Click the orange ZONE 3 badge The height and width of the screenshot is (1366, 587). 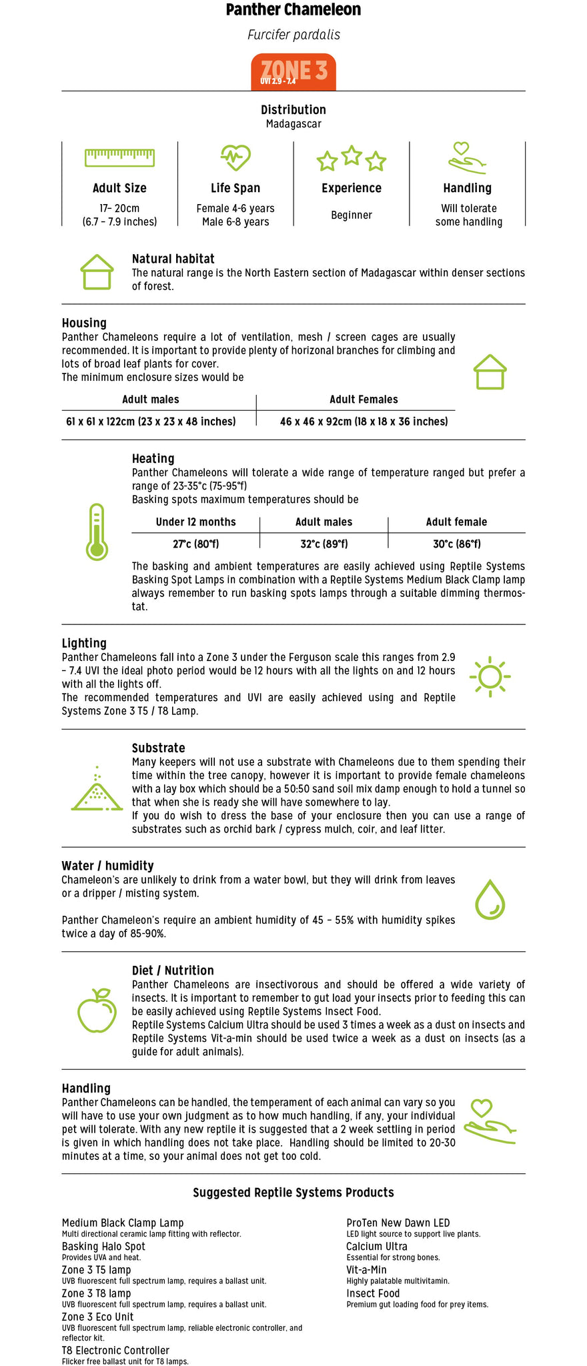pos(293,71)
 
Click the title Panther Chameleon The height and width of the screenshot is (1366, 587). pos(293,10)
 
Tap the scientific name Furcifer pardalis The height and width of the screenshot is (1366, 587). pos(293,35)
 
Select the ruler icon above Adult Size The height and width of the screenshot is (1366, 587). pos(119,158)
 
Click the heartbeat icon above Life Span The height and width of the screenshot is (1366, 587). pos(235,158)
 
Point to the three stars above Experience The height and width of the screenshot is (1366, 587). pos(352,159)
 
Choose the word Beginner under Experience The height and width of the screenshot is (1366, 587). pos(352,215)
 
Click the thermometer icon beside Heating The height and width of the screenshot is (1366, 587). pos(97,532)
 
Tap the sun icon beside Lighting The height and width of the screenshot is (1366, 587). pos(490,677)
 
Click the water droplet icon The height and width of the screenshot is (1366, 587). pos(490,900)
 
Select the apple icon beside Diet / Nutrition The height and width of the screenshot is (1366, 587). pos(97,1010)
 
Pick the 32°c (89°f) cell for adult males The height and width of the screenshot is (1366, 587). pos(324,544)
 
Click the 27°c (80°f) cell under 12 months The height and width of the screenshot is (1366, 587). pos(195,544)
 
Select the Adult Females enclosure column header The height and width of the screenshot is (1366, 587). pos(364,400)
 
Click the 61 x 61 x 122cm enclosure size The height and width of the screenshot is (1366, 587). pos(151,422)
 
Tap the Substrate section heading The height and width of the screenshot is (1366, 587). pos(158,748)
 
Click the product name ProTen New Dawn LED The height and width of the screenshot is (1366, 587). pos(398,1223)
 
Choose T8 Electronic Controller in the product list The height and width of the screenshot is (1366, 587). pos(115,1350)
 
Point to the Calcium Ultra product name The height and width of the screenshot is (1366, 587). pos(376,1246)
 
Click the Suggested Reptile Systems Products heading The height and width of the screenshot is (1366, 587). pos(293,1192)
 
